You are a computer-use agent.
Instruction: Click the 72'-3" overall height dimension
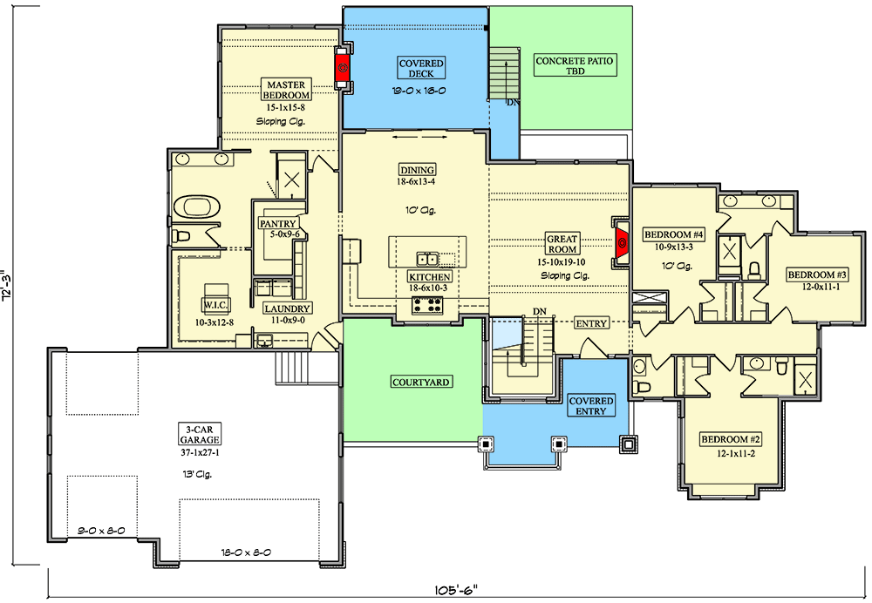(10, 284)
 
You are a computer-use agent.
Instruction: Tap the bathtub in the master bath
(196, 207)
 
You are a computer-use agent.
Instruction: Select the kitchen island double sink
(427, 259)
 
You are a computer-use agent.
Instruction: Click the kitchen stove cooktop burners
(427, 305)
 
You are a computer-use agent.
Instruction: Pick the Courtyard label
(413, 382)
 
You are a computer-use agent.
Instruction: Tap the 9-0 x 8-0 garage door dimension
(100, 530)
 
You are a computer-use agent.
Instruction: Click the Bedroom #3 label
(817, 274)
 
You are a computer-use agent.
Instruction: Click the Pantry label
(278, 224)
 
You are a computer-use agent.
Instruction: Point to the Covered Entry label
(591, 406)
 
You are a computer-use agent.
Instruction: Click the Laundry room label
(287, 308)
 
